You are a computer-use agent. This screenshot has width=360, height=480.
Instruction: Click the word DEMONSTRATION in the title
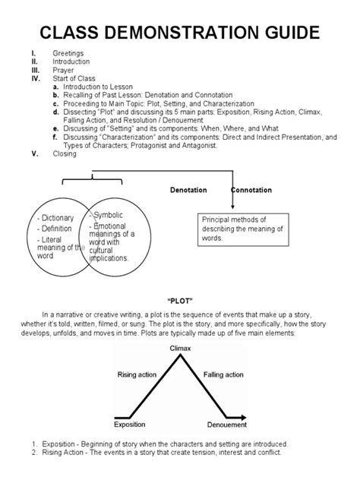point(179,33)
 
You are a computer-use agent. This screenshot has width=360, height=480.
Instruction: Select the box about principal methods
point(242,229)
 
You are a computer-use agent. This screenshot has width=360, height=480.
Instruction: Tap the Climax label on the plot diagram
point(180,348)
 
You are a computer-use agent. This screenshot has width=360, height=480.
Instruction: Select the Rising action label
point(137,374)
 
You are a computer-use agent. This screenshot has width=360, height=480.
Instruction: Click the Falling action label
point(224,374)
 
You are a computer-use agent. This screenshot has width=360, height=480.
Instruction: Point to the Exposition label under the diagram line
point(130,425)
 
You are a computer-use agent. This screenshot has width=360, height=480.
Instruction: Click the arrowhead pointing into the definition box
point(232,205)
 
